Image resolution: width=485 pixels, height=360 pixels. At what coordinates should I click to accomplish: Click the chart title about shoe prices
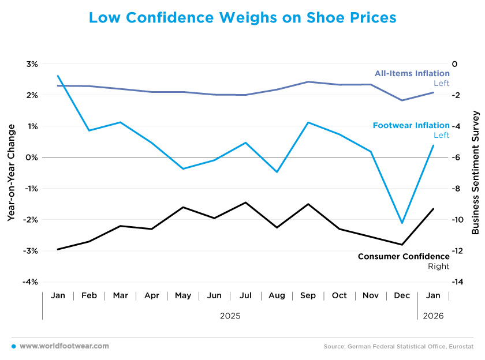point(242,18)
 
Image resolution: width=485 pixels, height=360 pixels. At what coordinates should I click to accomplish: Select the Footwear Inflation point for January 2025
point(58,76)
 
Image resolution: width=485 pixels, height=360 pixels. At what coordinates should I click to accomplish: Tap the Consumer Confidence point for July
point(245,202)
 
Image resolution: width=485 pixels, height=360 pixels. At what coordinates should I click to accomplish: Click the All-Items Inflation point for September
point(308,82)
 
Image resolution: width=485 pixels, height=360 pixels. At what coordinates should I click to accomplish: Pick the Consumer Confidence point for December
point(402,245)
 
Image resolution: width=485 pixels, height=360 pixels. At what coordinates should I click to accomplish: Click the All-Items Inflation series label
point(412,73)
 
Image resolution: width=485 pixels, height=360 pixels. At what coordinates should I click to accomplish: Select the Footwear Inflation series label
point(411,125)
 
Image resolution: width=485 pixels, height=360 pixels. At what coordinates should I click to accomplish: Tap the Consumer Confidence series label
point(403,256)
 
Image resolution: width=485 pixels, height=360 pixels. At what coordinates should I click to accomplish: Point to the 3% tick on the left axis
point(31,63)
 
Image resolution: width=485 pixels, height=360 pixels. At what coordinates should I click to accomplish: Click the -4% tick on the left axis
point(29,282)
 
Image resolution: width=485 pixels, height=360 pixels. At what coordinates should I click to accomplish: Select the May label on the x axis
point(183,295)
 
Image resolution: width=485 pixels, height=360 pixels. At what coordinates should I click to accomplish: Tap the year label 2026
point(433,316)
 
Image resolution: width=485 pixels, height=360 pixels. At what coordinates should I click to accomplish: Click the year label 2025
point(230,316)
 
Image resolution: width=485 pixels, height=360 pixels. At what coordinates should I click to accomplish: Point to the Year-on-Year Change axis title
point(11,172)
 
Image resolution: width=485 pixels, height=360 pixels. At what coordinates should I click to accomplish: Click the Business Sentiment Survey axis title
point(475,172)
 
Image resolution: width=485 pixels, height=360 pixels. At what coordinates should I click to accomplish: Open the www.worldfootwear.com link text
point(64,346)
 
